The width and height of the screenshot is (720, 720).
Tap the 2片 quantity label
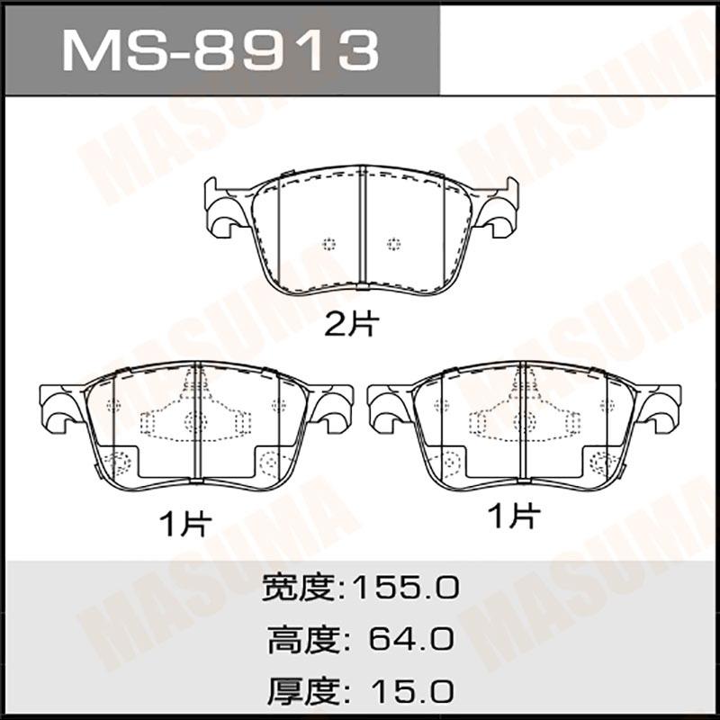coord(352,324)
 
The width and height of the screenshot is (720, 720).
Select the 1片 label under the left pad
coord(185,524)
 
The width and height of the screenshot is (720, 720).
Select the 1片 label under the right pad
coord(514,515)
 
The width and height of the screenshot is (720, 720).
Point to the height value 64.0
coord(411,640)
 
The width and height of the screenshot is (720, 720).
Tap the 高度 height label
coord(303,640)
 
